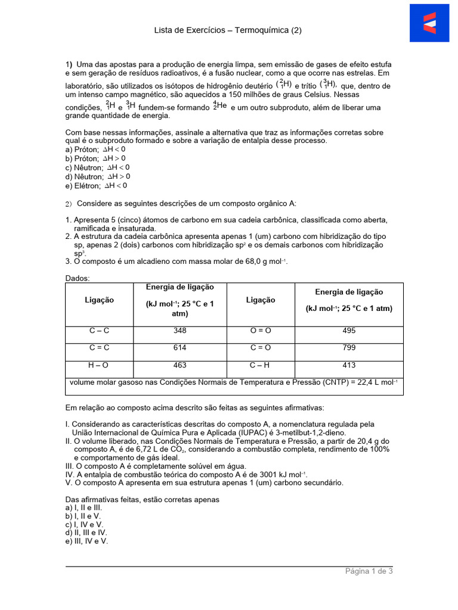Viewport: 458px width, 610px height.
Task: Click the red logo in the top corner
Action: (429, 23)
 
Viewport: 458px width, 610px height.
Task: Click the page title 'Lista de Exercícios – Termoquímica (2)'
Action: (228, 30)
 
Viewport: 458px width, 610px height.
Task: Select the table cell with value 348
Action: (180, 331)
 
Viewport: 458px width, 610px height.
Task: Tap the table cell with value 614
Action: (180, 348)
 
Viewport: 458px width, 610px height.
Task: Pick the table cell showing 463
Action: (180, 365)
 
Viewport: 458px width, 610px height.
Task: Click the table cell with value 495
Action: (349, 331)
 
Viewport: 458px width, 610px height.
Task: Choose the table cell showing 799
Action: (349, 348)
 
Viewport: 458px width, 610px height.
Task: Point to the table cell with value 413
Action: (349, 365)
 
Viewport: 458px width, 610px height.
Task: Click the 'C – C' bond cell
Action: (99, 331)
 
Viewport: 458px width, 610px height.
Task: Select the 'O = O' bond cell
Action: (261, 331)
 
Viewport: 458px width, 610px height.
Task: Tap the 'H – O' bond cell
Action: (99, 365)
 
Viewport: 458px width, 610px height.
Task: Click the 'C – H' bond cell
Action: (261, 365)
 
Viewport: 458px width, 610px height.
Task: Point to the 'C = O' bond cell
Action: (261, 348)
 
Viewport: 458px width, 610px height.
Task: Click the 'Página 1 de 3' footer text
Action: (369, 571)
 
